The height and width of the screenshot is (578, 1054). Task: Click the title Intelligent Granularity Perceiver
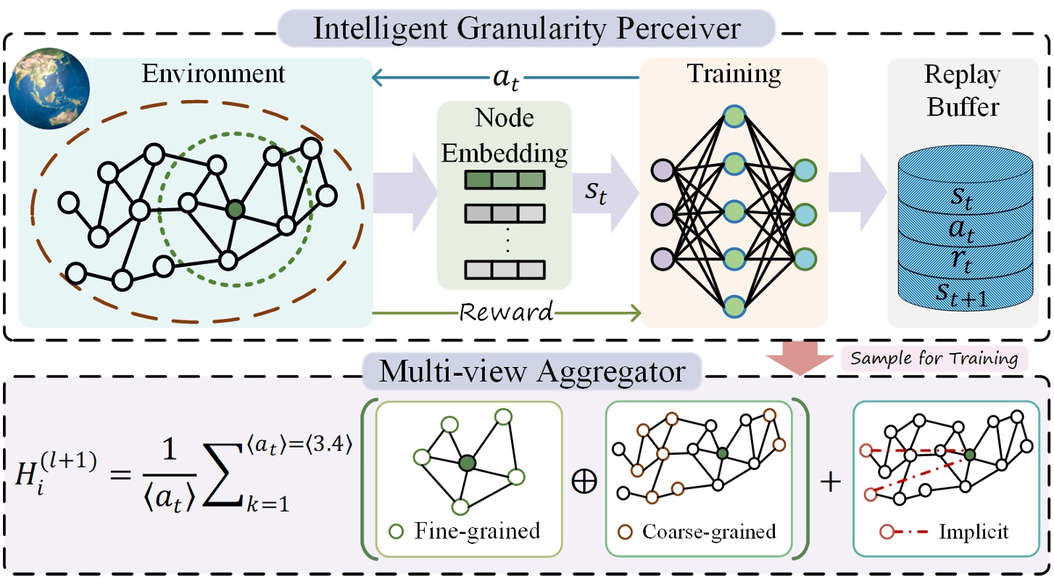click(526, 29)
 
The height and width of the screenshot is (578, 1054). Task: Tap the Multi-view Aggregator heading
click(532, 372)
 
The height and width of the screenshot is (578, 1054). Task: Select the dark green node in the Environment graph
click(234, 210)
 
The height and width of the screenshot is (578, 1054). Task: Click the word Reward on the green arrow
click(507, 313)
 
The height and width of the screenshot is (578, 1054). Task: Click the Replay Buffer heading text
click(962, 91)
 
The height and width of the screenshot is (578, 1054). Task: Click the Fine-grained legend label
click(477, 531)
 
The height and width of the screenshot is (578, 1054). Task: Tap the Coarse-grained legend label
click(708, 531)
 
